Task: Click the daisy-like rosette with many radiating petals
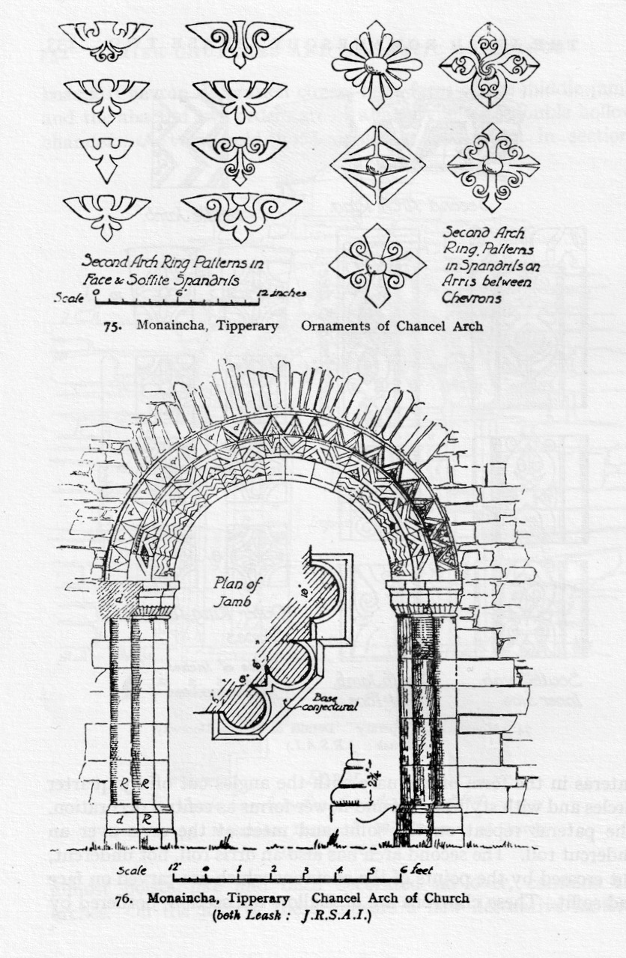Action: [x=377, y=64]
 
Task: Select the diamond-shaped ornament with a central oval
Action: [x=377, y=165]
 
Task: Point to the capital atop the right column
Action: [x=424, y=599]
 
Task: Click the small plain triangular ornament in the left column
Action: [x=106, y=155]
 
